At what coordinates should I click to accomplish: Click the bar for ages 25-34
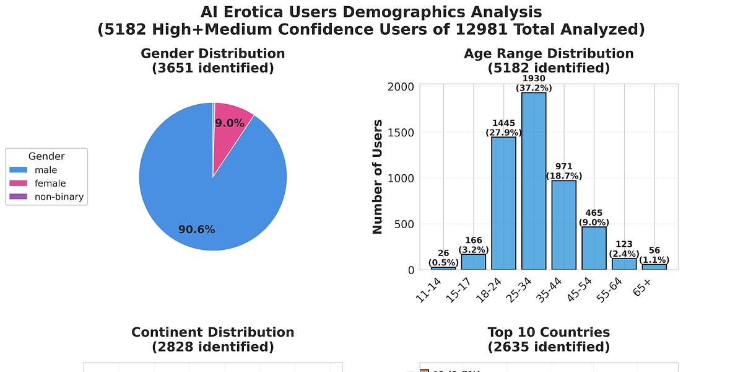point(534,181)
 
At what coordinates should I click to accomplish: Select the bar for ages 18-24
point(503,203)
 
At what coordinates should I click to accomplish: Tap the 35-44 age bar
point(564,225)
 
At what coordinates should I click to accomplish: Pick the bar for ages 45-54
point(594,248)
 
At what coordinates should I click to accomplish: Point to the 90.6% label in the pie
point(197,229)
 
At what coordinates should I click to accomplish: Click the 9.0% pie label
point(230,123)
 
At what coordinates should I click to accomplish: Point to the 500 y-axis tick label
point(405,224)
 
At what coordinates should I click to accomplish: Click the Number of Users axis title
point(377,177)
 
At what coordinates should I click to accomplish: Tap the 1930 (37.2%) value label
point(534,84)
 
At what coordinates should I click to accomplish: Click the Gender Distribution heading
point(212,60)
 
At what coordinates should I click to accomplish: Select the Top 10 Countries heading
point(548,339)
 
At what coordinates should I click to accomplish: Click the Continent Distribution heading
point(212,339)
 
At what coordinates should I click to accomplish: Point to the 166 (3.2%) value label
point(474,245)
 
